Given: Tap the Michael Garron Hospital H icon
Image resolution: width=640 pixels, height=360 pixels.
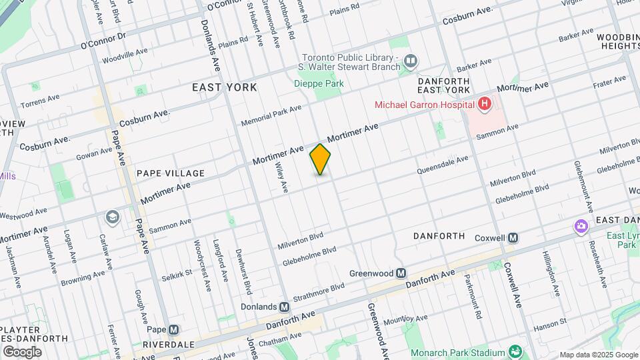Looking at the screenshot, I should (484, 104).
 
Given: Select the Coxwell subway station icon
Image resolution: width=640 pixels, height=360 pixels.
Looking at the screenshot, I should (513, 238).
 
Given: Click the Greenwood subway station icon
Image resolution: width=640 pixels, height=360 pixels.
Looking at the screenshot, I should (401, 273).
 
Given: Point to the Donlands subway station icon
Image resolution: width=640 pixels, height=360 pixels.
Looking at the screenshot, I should (285, 307).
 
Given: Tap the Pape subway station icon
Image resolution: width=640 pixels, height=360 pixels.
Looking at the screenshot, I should (174, 329).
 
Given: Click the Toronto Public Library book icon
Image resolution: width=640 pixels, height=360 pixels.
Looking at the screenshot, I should (411, 62).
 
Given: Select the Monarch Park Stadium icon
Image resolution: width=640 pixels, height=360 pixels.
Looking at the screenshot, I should (515, 351).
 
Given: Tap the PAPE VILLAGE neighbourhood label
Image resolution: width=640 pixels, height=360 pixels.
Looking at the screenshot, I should (171, 173).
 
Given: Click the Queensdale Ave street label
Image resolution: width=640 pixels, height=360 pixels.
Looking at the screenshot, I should (443, 165).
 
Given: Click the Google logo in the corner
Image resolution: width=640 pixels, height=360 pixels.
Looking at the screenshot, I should (22, 351).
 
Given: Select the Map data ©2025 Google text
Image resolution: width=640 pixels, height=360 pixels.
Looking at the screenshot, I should (598, 355).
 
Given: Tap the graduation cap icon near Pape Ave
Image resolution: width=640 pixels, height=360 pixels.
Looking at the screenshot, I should (113, 217).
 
